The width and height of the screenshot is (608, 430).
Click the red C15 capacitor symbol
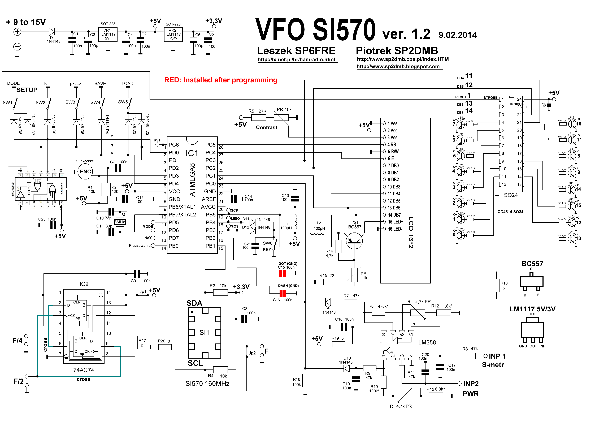pyautogui.click(x=282, y=273)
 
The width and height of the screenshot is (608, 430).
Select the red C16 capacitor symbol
pyautogui.click(x=283, y=293)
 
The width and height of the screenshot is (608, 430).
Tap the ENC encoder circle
pyautogui.click(x=85, y=172)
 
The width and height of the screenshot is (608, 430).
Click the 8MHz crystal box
pyautogui.click(x=119, y=222)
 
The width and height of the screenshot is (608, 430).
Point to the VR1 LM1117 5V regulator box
pyautogui.click(x=107, y=35)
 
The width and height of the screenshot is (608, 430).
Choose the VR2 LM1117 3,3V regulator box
pyautogui.click(x=173, y=35)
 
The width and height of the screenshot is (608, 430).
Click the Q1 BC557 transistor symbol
pyautogui.click(x=354, y=240)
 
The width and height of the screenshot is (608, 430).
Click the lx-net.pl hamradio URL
pyautogui.click(x=296, y=60)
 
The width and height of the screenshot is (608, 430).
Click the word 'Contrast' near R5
pyautogui.click(x=266, y=127)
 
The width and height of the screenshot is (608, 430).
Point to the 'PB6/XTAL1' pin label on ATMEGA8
pyautogui.click(x=182, y=207)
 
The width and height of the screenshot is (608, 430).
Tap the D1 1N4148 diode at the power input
pyautogui.click(x=52, y=32)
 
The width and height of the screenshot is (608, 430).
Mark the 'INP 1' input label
pyautogui.click(x=497, y=356)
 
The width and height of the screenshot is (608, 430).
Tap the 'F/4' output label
pyautogui.click(x=18, y=341)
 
